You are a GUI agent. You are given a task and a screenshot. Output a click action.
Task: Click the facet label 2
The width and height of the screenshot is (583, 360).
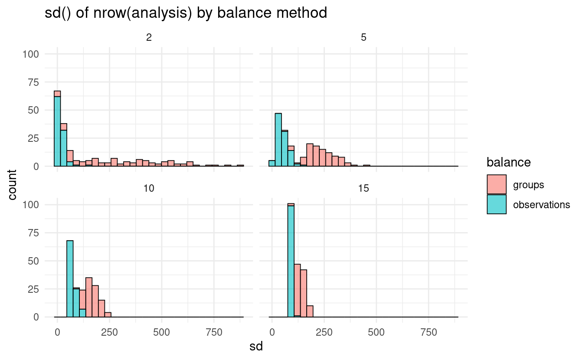coord(149,38)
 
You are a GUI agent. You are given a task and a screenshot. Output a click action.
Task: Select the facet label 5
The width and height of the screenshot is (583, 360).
coord(364,38)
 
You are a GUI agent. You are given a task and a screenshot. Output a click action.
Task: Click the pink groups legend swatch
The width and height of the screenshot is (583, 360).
coord(497,185)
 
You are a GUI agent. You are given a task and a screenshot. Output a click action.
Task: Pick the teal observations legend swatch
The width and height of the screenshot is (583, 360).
coord(497,204)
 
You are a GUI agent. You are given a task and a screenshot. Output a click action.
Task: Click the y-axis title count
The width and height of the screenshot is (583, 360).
coord(13,185)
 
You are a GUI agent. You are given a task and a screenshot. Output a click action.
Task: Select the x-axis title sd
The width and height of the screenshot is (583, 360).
coord(256,347)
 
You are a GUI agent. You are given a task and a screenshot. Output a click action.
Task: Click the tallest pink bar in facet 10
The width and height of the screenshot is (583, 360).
coord(89,297)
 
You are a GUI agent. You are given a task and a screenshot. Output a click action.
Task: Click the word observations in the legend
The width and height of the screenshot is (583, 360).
coord(541,205)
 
